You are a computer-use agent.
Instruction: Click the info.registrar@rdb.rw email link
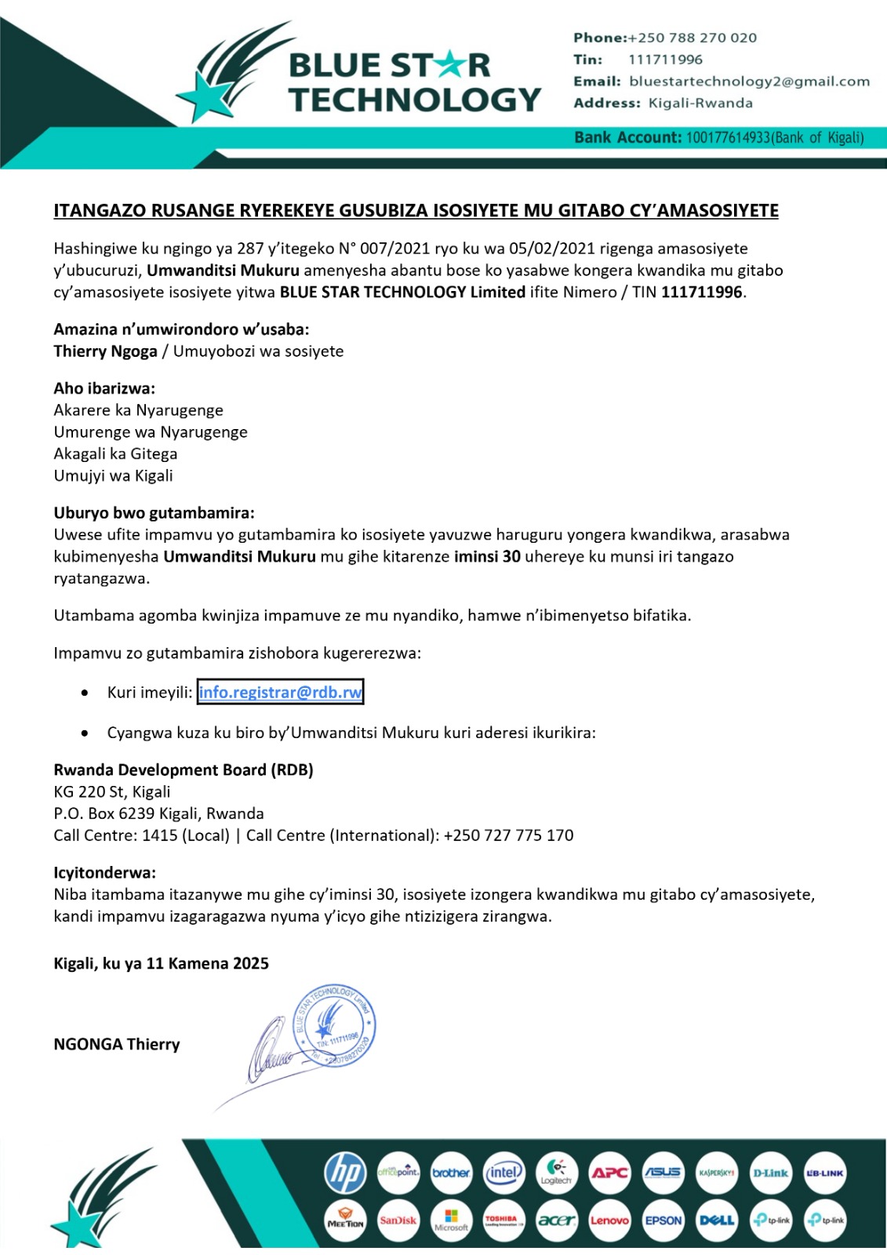coord(280,692)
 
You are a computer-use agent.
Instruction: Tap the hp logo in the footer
coord(345,1173)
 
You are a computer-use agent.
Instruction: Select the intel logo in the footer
coord(503,1173)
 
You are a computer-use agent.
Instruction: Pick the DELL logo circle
coord(717,1220)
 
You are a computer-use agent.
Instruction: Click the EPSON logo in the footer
coord(663,1220)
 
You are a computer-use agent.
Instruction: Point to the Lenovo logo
coord(610,1220)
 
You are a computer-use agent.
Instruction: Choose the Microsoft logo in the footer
coord(451,1220)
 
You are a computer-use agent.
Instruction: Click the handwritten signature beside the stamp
coord(271,1051)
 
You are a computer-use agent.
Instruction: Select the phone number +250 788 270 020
coord(693,38)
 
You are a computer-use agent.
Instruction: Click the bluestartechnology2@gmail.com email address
coord(749,82)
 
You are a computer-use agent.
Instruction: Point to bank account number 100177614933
coord(728,138)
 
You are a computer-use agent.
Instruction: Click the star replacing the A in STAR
coord(450,65)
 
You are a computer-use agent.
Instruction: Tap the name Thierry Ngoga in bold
coord(105,351)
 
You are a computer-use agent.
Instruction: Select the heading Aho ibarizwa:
coord(104,388)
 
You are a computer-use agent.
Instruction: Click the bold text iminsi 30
coord(487,557)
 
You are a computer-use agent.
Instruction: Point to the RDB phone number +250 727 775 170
coord(508,835)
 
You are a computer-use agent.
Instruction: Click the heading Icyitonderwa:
coord(104,873)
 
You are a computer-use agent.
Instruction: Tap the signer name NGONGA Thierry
coord(117,1044)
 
